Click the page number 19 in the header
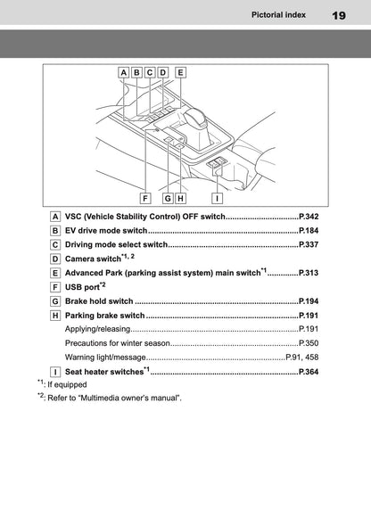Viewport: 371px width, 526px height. point(339,15)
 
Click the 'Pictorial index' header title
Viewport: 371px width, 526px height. point(278,15)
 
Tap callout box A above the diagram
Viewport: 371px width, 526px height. point(123,72)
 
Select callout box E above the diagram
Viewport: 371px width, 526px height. point(180,72)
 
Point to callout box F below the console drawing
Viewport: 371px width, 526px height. point(145,198)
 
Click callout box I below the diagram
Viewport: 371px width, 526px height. point(217,198)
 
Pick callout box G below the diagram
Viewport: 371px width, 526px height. point(168,198)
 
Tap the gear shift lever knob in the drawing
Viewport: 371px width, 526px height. point(195,118)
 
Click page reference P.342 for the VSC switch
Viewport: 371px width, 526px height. point(309,217)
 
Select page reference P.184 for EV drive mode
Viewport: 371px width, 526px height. point(309,231)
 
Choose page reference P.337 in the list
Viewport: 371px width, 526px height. point(309,244)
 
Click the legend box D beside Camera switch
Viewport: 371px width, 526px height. point(55,259)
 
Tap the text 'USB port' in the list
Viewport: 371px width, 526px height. point(82,287)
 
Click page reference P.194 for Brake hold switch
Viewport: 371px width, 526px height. point(309,301)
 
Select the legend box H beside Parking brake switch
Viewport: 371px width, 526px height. point(55,316)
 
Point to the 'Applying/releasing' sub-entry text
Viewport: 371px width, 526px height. point(97,329)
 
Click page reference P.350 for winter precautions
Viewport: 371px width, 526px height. point(309,343)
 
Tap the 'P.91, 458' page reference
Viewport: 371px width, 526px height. point(302,358)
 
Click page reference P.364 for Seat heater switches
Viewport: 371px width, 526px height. point(309,372)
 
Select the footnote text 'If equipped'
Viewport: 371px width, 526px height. point(67,385)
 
